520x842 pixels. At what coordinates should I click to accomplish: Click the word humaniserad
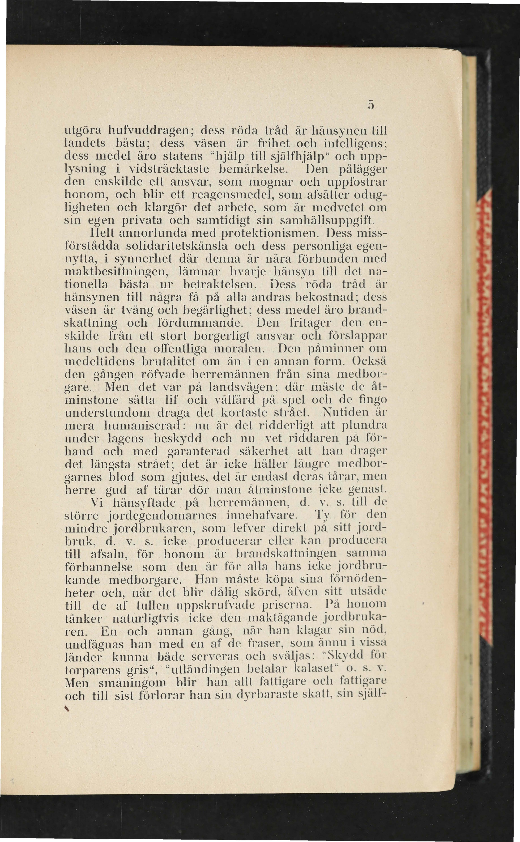tap(143, 425)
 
